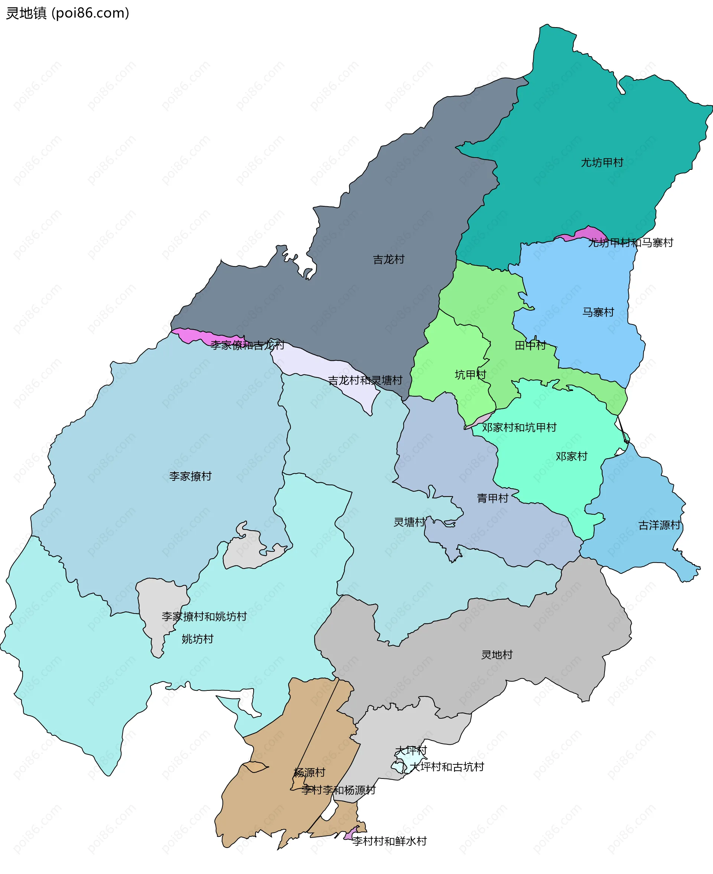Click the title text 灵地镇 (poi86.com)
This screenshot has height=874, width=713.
coord(68,13)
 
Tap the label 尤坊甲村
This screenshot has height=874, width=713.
coord(602,163)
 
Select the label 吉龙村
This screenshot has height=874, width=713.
coord(388,259)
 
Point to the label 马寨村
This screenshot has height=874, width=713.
coord(598,312)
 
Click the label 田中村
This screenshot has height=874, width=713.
coord(530,345)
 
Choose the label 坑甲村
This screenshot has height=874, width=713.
coord(470,374)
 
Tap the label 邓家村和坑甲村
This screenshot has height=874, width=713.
coord(519,427)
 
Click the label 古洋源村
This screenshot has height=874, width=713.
coord(659,525)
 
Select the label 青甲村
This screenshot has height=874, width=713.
coord(492,498)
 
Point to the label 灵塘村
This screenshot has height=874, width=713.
coord(409,522)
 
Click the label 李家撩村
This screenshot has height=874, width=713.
coord(190,476)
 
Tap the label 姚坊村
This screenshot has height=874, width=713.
coord(198,639)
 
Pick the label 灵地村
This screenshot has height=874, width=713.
coord(497,655)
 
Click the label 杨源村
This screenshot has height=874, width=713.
coord(309,773)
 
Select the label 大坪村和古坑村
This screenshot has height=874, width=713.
coord(447,767)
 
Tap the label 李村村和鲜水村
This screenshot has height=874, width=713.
coord(389,841)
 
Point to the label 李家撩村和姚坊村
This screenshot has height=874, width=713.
coord(204,616)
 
